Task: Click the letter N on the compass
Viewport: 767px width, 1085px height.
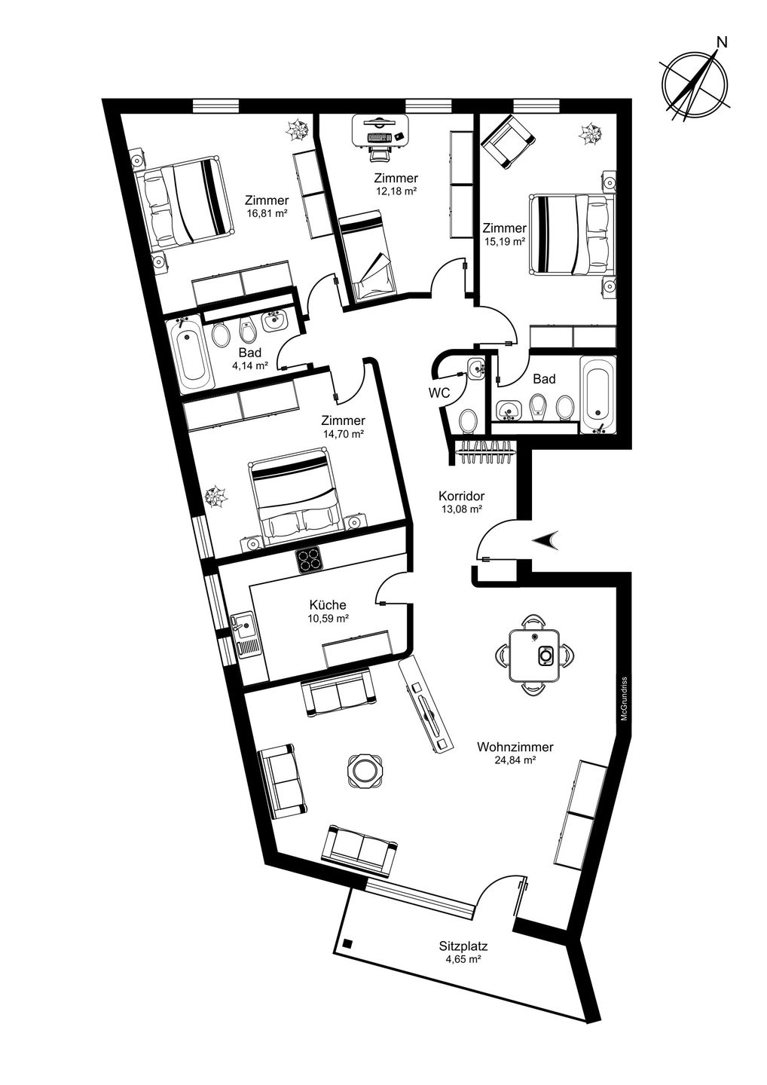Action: pos(722,43)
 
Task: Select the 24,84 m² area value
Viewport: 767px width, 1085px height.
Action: pos(515,760)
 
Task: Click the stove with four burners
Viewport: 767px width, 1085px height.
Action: pos(308,561)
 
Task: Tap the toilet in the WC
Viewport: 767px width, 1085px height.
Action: pos(468,420)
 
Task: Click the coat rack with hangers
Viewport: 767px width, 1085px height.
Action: pos(484,452)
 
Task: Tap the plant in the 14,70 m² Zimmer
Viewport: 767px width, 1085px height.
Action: pos(215,497)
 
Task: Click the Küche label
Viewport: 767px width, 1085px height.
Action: pos(328,605)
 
